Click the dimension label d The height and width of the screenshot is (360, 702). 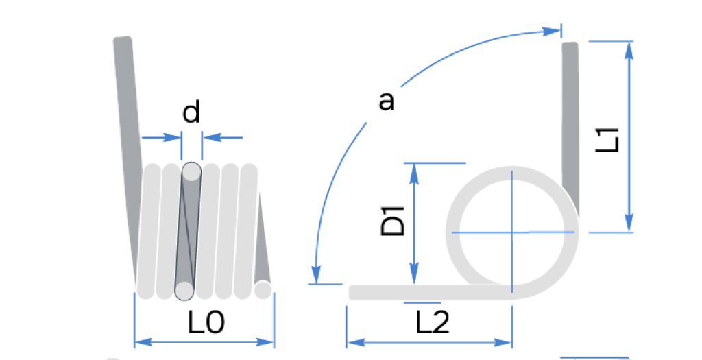click(x=191, y=112)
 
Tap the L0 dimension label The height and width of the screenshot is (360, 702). click(x=206, y=322)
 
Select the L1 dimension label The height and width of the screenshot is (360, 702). click(x=608, y=140)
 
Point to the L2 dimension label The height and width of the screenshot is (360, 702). click(x=433, y=322)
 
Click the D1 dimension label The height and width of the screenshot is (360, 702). click(x=393, y=221)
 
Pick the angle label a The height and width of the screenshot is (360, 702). click(x=387, y=101)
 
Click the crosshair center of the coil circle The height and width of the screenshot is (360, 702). click(x=511, y=232)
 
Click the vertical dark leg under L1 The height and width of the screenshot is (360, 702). click(x=570, y=130)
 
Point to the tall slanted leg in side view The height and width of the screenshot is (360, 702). click(x=127, y=157)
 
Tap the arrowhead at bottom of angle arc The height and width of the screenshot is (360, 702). click(x=316, y=274)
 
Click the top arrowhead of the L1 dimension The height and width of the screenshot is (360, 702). click(x=629, y=50)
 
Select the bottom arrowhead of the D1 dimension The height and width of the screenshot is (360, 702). click(x=414, y=276)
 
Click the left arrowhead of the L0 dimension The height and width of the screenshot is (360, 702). click(x=143, y=343)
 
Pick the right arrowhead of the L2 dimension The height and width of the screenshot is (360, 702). click(x=503, y=343)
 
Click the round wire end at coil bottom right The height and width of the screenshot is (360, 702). click(x=263, y=289)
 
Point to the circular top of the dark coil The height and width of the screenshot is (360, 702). click(x=192, y=171)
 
